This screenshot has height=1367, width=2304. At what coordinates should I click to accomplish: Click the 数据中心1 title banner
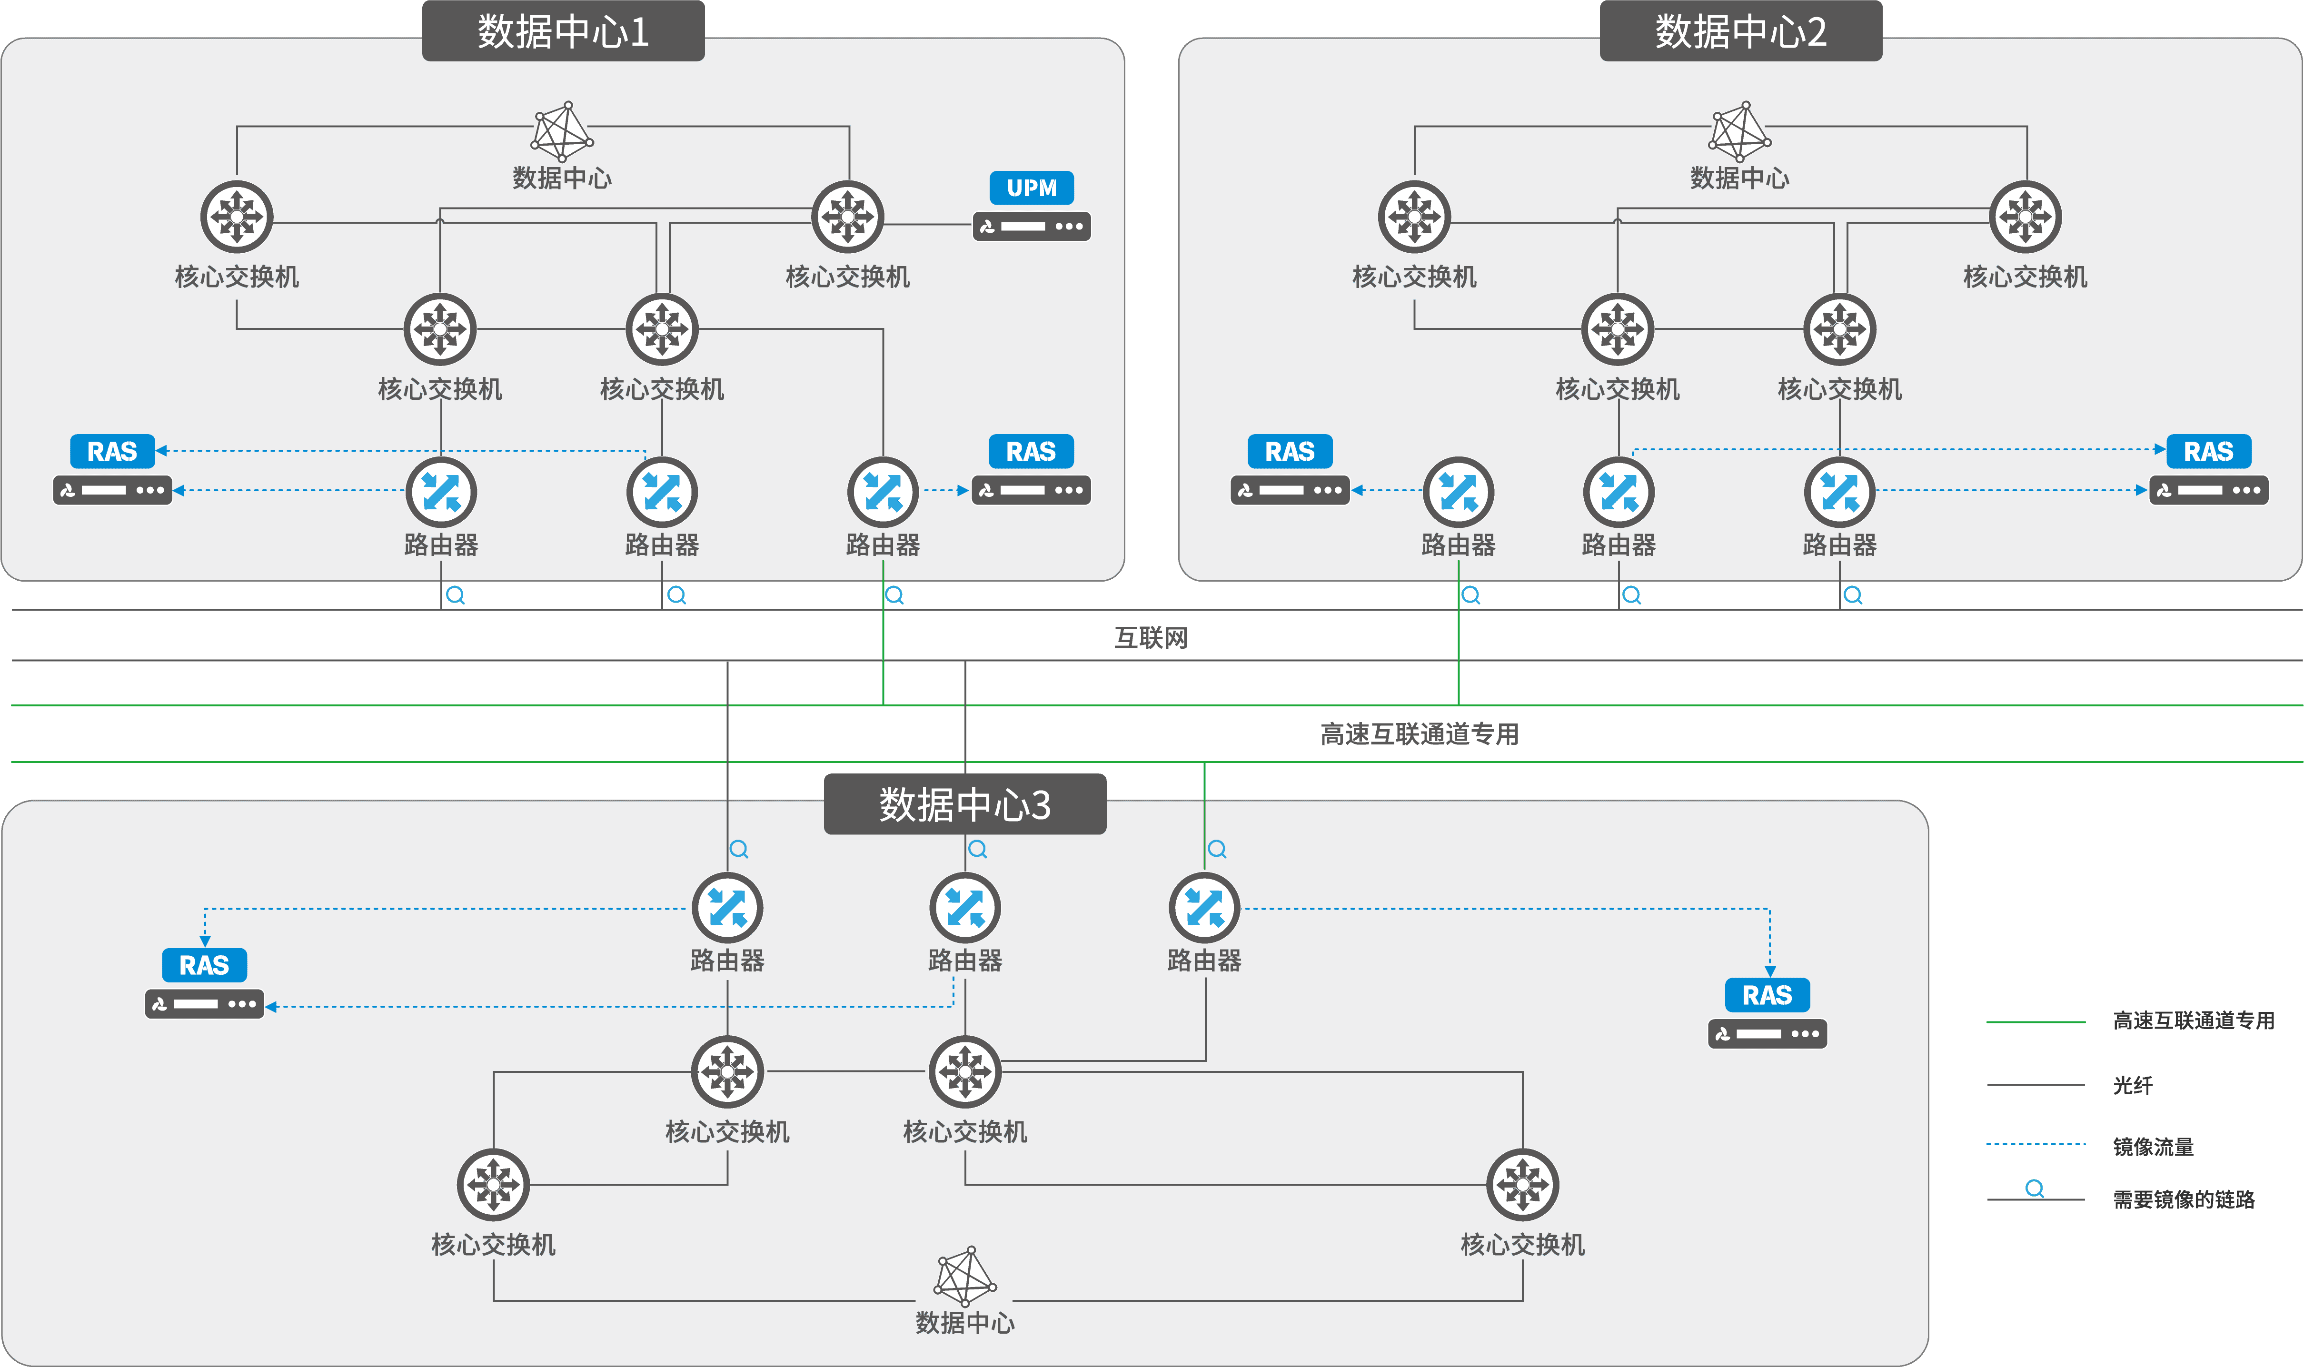(563, 31)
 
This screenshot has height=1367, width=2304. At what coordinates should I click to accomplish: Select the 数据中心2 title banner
(1740, 31)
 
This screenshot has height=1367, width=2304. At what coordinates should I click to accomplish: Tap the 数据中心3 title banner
(964, 804)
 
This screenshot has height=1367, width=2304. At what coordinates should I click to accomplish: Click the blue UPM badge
(1031, 188)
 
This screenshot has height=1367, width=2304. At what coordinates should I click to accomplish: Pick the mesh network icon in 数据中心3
(964, 1276)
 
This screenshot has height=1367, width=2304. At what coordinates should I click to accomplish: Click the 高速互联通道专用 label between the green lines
(1419, 734)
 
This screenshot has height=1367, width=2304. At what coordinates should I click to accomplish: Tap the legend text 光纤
(2133, 1085)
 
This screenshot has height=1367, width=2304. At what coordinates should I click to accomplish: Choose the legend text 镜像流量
(2153, 1147)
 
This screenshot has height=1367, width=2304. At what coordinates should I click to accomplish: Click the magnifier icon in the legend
(2034, 1189)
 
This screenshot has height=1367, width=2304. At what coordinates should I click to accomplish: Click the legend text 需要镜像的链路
(2183, 1199)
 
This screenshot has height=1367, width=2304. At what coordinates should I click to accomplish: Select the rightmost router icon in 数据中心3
(1204, 908)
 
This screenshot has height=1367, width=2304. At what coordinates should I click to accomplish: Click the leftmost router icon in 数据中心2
(1458, 492)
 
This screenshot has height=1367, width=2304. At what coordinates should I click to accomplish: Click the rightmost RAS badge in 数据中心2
(2208, 451)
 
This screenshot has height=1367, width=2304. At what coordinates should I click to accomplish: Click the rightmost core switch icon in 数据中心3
(1522, 1185)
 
